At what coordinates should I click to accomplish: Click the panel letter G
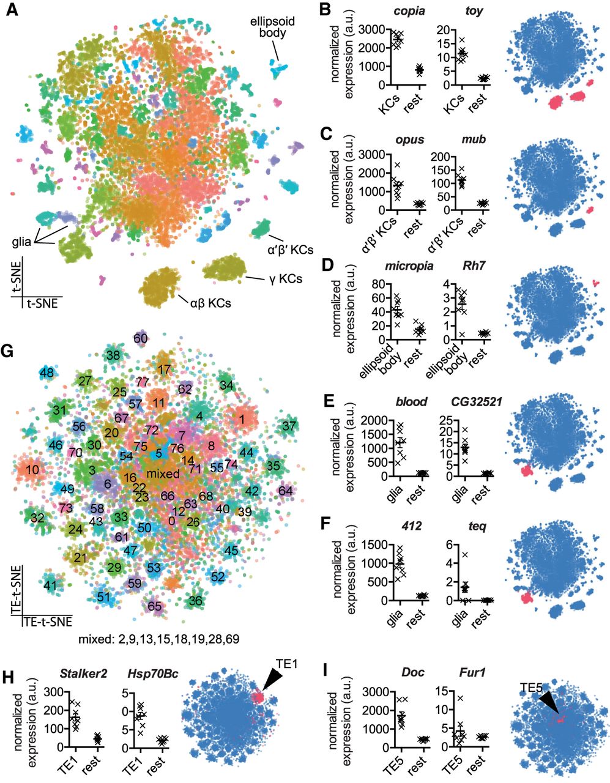[x=10, y=351]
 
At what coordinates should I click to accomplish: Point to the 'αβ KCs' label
[x=210, y=302]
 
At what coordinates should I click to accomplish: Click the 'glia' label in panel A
[x=21, y=242]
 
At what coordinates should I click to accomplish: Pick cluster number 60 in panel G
[x=141, y=338]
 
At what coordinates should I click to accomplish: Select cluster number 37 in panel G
[x=289, y=425]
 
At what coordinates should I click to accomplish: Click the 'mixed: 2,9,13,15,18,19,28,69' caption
[x=158, y=640]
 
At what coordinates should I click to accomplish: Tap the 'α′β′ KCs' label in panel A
[x=291, y=249]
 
